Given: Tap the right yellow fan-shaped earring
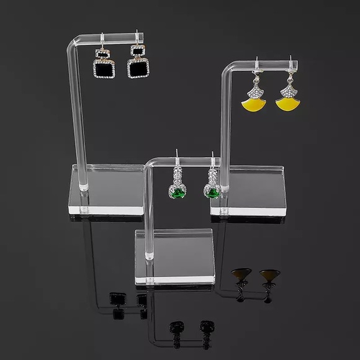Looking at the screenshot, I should click(289, 105).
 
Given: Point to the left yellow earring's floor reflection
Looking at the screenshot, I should click(238, 277).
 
